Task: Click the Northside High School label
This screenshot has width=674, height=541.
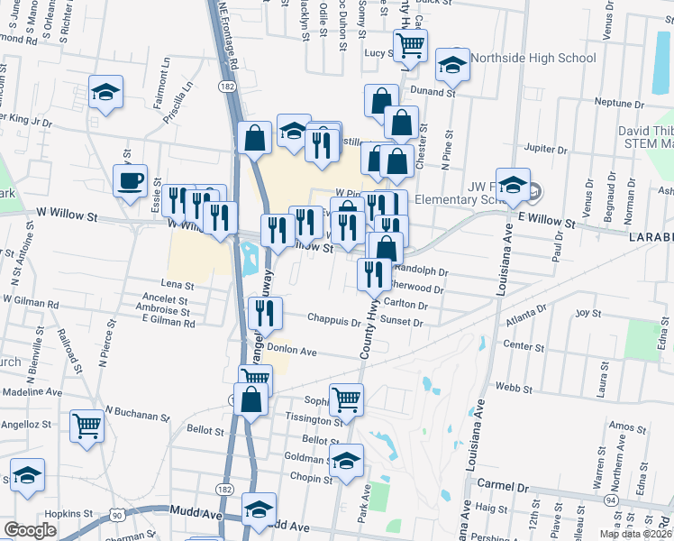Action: coord(533,59)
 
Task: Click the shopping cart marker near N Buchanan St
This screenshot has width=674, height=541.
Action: coord(87,424)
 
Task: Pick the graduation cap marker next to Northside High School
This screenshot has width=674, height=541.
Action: coord(452,63)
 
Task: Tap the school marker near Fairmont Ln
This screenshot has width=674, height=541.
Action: coord(106,91)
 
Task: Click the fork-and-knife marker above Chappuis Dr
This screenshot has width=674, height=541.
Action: coord(265,312)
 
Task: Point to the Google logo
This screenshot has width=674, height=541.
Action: coord(30,530)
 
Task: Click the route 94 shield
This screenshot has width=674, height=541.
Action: coord(611,499)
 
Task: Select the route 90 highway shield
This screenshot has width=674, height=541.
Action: coord(116,513)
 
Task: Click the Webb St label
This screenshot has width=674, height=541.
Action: coord(508,387)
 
